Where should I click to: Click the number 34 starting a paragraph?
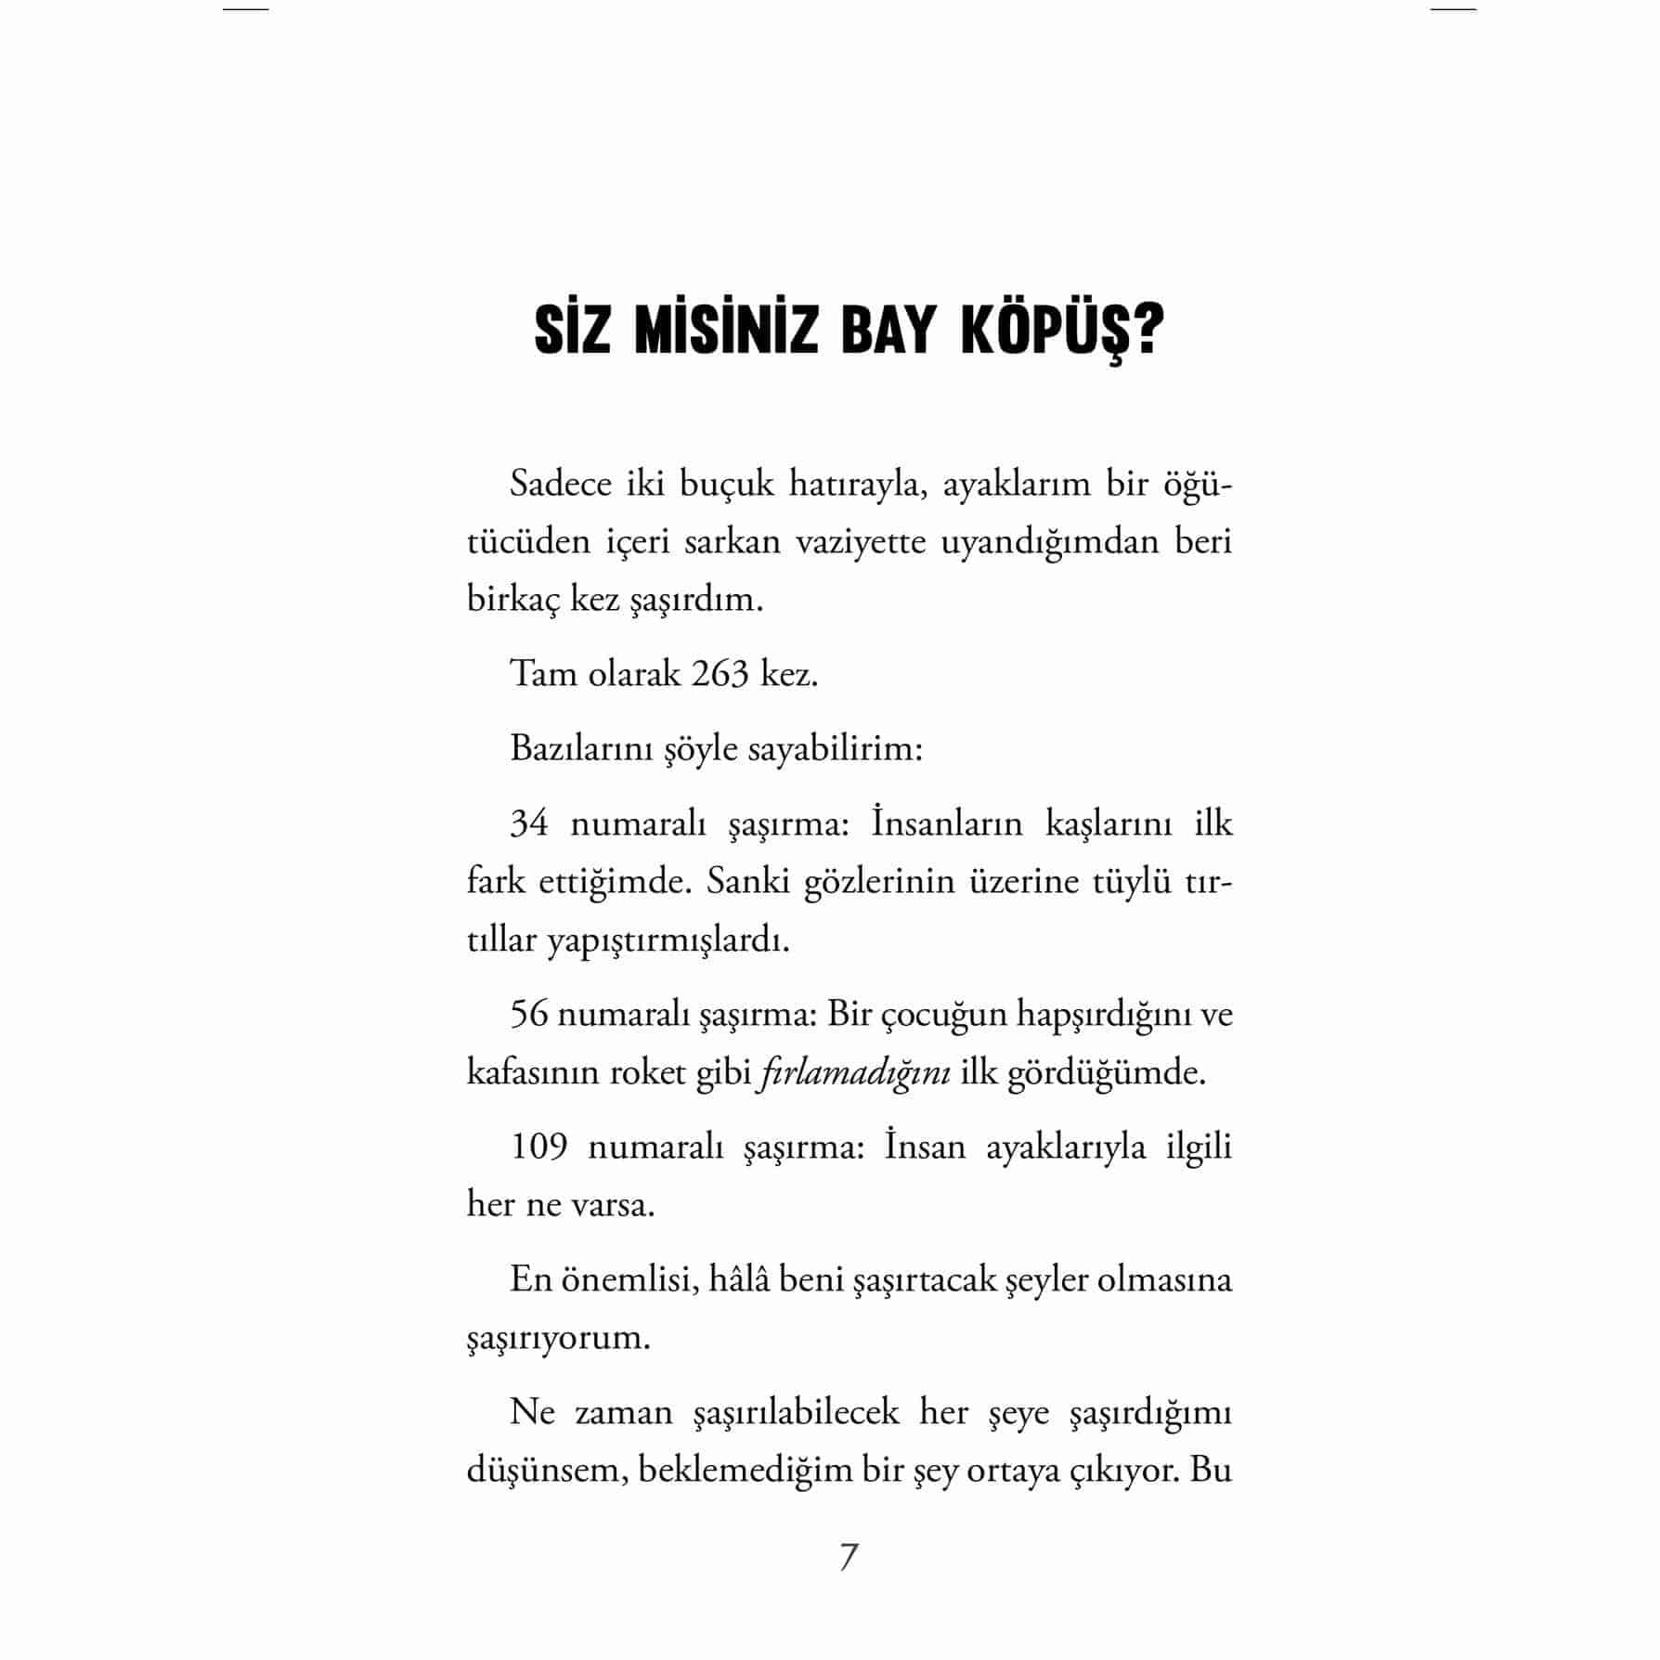click(x=529, y=824)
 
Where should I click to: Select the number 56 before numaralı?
click(x=529, y=1014)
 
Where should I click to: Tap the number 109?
click(x=538, y=1147)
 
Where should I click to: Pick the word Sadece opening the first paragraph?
click(x=560, y=484)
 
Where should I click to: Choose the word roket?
click(x=646, y=1072)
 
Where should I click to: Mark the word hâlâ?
click(x=738, y=1279)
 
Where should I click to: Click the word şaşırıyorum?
click(x=558, y=1339)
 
